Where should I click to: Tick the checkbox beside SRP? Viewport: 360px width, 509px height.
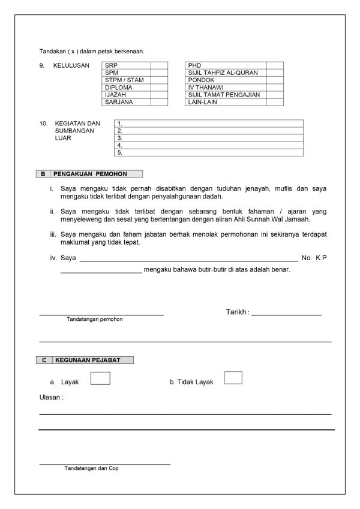[x=159, y=65]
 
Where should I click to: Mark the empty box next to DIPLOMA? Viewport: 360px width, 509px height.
[x=159, y=87]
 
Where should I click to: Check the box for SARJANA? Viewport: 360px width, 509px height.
[x=159, y=102]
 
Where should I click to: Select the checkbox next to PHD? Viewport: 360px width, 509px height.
[x=275, y=65]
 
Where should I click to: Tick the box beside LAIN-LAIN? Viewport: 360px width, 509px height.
[x=275, y=102]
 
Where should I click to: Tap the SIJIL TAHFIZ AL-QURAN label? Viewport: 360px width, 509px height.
[x=223, y=73]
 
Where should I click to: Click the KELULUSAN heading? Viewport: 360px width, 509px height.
[x=71, y=65]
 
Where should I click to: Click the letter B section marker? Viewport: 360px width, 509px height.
[x=43, y=174]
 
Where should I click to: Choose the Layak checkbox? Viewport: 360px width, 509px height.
[x=100, y=378]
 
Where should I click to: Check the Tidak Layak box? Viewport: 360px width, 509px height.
[x=233, y=378]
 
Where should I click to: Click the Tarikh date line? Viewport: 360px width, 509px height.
[x=286, y=312]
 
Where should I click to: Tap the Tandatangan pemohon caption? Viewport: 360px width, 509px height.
[x=95, y=320]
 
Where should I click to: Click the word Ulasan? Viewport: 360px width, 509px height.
[x=51, y=397]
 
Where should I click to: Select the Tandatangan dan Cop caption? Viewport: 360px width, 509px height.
[x=91, y=468]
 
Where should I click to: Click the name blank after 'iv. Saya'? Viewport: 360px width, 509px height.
[x=188, y=258]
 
